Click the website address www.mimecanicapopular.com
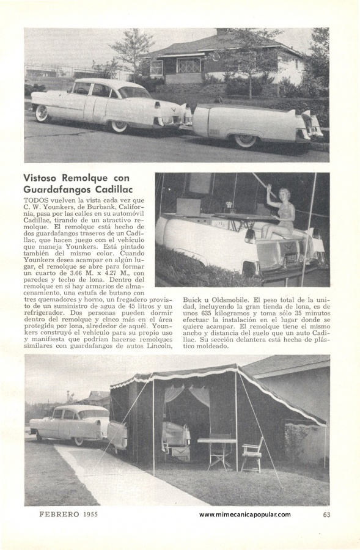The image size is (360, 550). [x=244, y=515]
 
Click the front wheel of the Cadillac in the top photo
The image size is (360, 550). [x=42, y=114]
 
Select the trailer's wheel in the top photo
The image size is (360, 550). [x=246, y=140]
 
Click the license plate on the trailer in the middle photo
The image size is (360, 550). [x=290, y=258]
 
